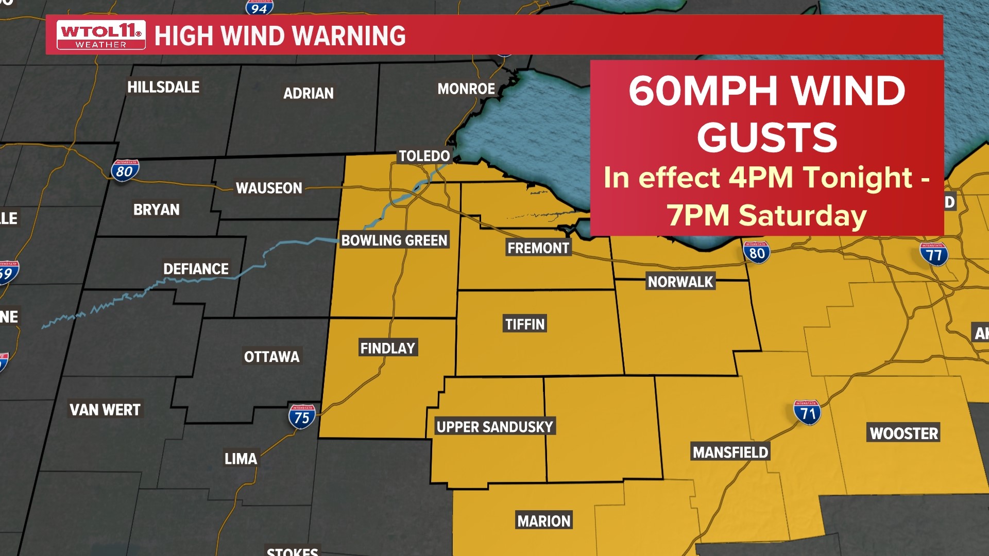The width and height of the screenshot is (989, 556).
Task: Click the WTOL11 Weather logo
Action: pyautogui.click(x=100, y=35)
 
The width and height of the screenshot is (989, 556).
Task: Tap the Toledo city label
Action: pyautogui.click(x=424, y=156)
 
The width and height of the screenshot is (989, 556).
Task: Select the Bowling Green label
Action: pyautogui.click(x=394, y=240)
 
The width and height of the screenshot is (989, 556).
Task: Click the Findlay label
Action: pyautogui.click(x=387, y=349)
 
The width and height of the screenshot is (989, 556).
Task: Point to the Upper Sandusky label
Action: pyautogui.click(x=494, y=427)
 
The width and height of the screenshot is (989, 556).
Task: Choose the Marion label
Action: pyautogui.click(x=544, y=521)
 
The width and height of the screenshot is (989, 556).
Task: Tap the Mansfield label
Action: pyautogui.click(x=730, y=453)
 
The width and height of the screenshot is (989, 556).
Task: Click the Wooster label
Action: pyautogui.click(x=904, y=433)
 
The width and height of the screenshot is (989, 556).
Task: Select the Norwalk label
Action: pyautogui.click(x=680, y=282)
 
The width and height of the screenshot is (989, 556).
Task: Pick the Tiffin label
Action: pyautogui.click(x=524, y=324)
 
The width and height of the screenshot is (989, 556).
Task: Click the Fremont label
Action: pyautogui.click(x=538, y=248)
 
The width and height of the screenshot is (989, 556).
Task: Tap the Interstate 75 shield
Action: pyautogui.click(x=302, y=416)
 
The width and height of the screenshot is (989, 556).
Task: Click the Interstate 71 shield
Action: pyautogui.click(x=807, y=412)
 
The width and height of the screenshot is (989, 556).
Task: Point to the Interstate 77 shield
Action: pyautogui.click(x=934, y=254)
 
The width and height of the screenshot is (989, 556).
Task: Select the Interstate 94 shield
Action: pyautogui.click(x=259, y=7)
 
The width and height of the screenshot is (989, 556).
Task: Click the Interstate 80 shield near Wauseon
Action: pyautogui.click(x=125, y=170)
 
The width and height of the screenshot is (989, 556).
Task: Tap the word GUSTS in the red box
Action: pyautogui.click(x=766, y=137)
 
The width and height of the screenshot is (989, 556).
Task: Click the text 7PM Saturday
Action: pyautogui.click(x=766, y=215)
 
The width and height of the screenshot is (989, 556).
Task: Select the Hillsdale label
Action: pyautogui.click(x=163, y=87)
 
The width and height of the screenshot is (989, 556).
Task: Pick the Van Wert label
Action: pyautogui.click(x=105, y=410)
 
